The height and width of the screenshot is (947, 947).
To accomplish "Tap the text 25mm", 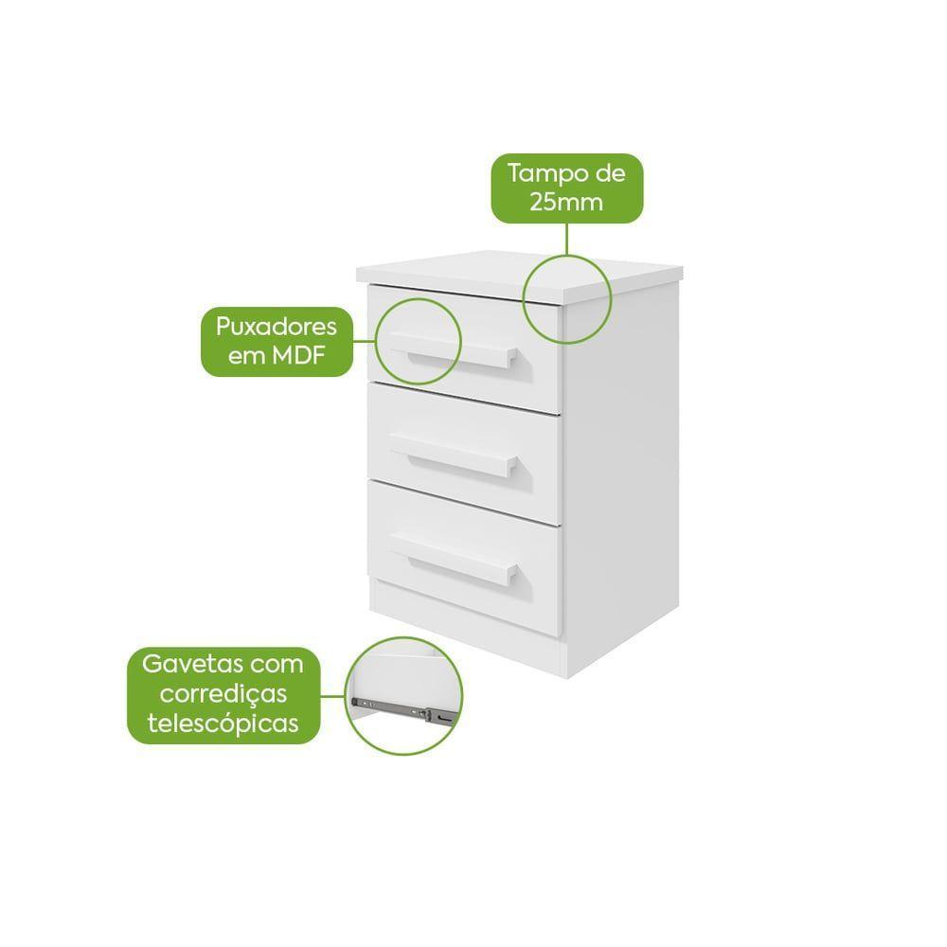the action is [x=566, y=202].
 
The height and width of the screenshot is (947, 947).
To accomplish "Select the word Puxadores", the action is [x=277, y=328].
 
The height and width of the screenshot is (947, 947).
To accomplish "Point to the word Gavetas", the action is [x=192, y=665].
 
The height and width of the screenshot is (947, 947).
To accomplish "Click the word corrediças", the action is [x=223, y=694].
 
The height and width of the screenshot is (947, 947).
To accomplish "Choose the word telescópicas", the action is [x=223, y=723].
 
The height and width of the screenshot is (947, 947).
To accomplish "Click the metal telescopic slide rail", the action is [x=402, y=709].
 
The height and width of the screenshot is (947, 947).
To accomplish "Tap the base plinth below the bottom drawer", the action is [x=468, y=628].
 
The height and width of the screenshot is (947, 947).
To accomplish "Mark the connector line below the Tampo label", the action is [x=566, y=240].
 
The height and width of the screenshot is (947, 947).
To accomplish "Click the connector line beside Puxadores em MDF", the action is [x=365, y=341].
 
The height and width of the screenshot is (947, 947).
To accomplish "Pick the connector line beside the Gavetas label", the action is [x=332, y=696].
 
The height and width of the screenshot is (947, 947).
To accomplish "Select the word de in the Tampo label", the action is [x=610, y=174].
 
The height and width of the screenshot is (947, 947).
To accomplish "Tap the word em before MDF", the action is [x=247, y=356].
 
